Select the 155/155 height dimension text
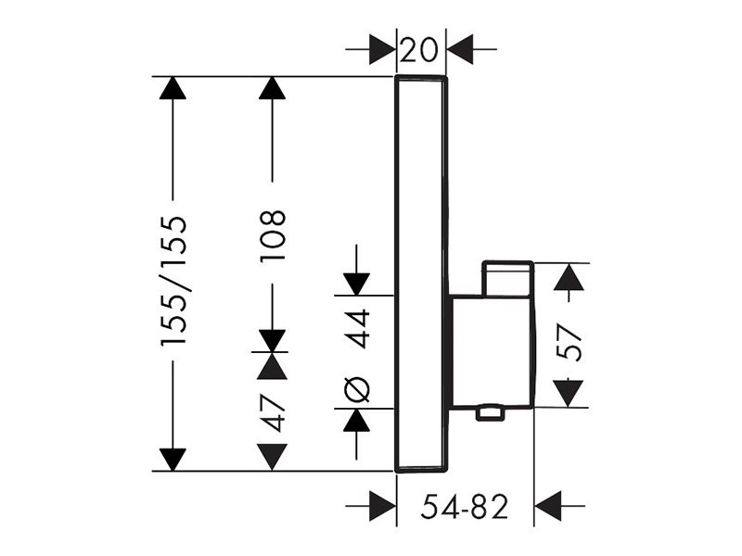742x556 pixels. click(x=173, y=283)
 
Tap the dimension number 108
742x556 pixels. click(x=273, y=235)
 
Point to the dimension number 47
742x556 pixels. click(x=273, y=411)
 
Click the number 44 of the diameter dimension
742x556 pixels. click(x=357, y=328)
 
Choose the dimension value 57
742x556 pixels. click(x=569, y=341)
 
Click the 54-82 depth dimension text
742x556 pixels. click(x=465, y=506)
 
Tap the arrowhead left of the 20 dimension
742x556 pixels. click(x=382, y=49)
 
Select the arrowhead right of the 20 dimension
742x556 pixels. click(x=459, y=49)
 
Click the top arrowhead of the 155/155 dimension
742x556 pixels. click(x=173, y=87)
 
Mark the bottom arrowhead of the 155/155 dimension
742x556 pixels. click(x=173, y=460)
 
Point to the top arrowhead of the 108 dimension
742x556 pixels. click(x=272, y=87)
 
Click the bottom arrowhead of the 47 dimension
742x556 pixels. click(x=272, y=457)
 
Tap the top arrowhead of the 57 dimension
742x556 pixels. click(x=569, y=276)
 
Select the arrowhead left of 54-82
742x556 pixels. click(x=382, y=506)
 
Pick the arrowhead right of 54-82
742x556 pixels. click(x=547, y=506)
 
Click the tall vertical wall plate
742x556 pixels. click(x=421, y=273)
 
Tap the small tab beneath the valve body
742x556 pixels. click(x=490, y=412)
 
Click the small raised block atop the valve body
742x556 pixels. click(x=507, y=279)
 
